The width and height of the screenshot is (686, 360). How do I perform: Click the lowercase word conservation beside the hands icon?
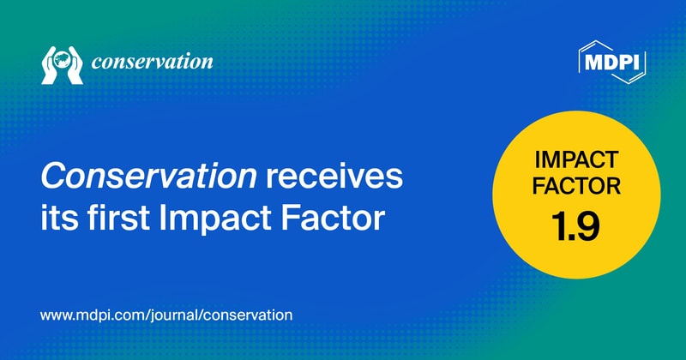tap(152, 63)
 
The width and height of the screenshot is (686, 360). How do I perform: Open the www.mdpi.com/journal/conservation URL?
tap(166, 315)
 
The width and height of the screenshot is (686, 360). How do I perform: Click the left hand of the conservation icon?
tap(51, 69)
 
